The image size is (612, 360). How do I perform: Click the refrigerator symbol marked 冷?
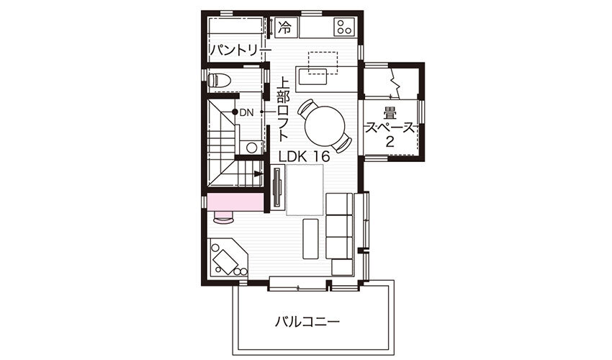285,28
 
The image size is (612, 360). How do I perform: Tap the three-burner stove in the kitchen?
344,27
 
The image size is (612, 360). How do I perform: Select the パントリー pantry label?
240,50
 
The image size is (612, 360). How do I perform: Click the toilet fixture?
220,80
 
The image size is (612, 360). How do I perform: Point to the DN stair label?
247,113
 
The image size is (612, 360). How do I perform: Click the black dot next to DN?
235,112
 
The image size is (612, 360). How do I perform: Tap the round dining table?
325,126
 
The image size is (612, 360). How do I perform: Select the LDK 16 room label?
304,156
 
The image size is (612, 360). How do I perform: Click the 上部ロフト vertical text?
284,109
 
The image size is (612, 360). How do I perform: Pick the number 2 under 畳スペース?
390,142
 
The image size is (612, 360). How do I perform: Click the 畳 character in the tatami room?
390,114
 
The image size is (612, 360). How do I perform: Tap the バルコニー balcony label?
307,322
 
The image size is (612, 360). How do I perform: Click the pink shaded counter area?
235,202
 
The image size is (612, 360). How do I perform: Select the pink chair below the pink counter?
224,217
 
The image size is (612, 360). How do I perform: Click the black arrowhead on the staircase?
258,174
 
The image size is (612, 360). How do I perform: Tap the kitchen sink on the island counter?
312,78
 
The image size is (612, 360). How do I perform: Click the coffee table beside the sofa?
311,238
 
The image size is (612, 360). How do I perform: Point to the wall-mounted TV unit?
277,187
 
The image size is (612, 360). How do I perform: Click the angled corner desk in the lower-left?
228,258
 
